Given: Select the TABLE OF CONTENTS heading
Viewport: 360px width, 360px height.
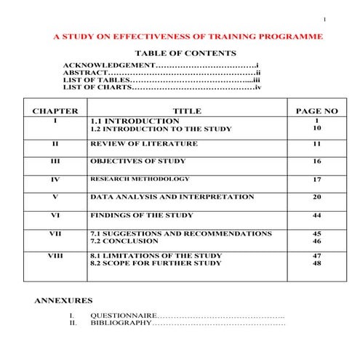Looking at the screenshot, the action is pos(185,53).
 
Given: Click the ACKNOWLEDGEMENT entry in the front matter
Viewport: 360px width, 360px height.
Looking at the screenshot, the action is pos(108,65).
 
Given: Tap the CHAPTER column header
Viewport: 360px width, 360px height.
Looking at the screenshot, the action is pos(55,111).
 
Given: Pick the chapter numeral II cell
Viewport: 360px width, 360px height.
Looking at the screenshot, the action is pos(55,143).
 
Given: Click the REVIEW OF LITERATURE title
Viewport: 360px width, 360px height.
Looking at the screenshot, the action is pos(143,143).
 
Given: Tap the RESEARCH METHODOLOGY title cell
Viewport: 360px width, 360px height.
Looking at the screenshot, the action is pos(139,179).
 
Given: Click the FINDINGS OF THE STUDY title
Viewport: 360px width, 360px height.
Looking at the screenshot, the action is pos(141,215).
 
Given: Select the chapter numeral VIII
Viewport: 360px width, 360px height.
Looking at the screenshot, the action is pos(55,256).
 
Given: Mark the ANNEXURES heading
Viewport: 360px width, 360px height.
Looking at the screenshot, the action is pos(63,300).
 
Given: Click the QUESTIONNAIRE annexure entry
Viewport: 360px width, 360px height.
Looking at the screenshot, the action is pos(123,315).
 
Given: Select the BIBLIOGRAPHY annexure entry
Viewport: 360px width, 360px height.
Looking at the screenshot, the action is pos(121,322).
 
